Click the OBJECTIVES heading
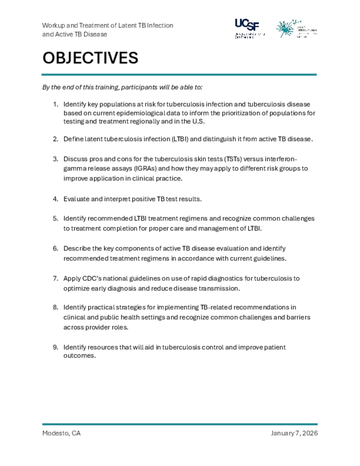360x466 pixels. click(x=90, y=58)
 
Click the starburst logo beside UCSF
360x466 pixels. click(x=286, y=28)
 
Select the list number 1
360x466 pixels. click(x=55, y=104)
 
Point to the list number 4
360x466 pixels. click(x=55, y=199)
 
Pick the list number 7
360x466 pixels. click(x=55, y=278)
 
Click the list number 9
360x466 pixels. click(x=55, y=347)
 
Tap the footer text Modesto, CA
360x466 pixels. click(x=61, y=433)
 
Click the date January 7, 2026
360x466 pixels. click(x=294, y=433)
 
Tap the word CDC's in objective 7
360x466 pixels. click(x=93, y=278)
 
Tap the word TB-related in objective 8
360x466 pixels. click(x=215, y=307)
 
